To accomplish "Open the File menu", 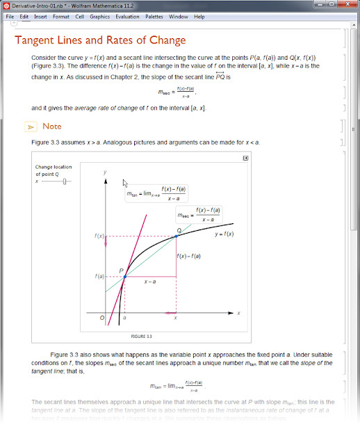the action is coord(10,16).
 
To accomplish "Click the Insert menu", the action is coord(40,16).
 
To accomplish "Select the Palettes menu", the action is coord(155,16).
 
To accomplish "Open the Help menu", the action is coord(199,16).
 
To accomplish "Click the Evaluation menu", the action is coord(126,16).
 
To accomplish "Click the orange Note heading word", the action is coord(52,127).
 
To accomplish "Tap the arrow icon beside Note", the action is coord(31,127).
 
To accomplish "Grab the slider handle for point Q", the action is coord(65,181).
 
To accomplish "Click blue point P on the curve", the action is coord(124,277).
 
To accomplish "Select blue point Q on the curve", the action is coord(176,236).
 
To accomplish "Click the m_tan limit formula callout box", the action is coord(157,193).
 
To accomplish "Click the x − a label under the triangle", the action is coord(149,282).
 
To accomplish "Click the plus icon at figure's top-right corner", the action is coord(245,159).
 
